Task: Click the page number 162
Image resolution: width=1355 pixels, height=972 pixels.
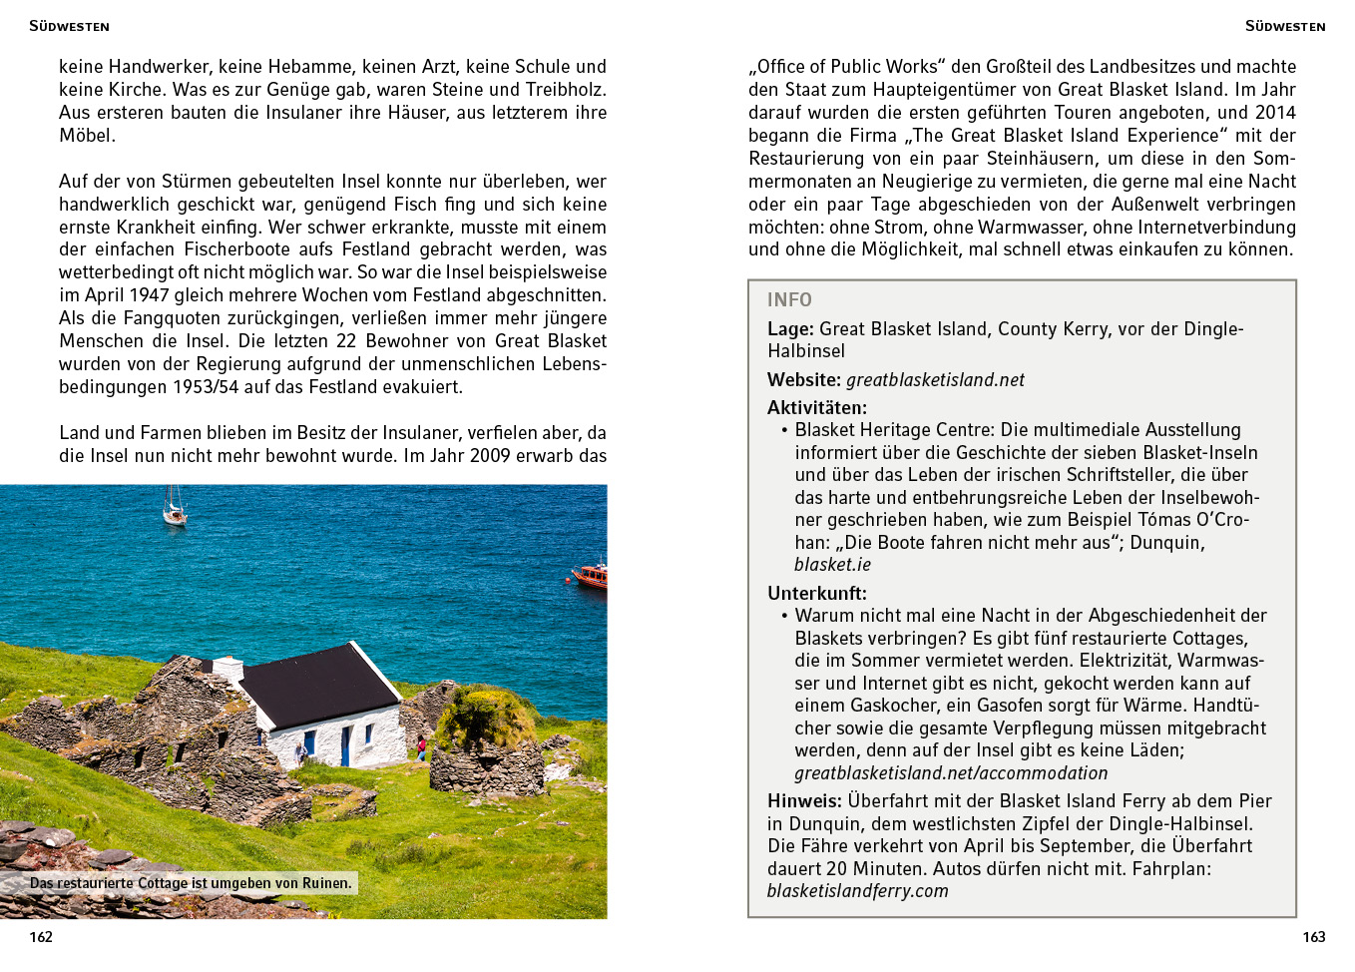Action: (41, 937)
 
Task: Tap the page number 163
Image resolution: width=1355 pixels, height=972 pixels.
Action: (1313, 937)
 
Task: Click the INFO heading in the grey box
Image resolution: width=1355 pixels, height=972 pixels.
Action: (789, 299)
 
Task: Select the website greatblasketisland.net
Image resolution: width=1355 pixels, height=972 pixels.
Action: (935, 380)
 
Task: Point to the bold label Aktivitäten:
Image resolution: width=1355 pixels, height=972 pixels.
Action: (817, 407)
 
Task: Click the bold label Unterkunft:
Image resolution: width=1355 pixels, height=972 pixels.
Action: (817, 593)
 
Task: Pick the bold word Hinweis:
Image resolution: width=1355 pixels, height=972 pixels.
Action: (804, 801)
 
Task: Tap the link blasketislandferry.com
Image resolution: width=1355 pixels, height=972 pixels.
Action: (857, 891)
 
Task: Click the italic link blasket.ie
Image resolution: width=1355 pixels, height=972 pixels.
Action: (832, 565)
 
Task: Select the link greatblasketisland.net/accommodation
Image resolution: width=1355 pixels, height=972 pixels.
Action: (951, 773)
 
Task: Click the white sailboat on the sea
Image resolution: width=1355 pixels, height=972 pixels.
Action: (175, 509)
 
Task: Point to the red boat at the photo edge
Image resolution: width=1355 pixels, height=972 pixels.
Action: (591, 575)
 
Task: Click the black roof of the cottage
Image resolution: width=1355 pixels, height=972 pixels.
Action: (319, 685)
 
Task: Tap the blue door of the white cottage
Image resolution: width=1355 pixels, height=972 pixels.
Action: (345, 744)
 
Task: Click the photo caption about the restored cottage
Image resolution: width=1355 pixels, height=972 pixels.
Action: (191, 883)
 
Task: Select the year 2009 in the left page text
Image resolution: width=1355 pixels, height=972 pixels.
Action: (492, 456)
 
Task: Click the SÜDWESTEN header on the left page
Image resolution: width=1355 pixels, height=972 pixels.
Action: (69, 26)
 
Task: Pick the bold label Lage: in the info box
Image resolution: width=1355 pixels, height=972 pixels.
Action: (790, 329)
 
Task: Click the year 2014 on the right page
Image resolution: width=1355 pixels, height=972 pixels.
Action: (1275, 113)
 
